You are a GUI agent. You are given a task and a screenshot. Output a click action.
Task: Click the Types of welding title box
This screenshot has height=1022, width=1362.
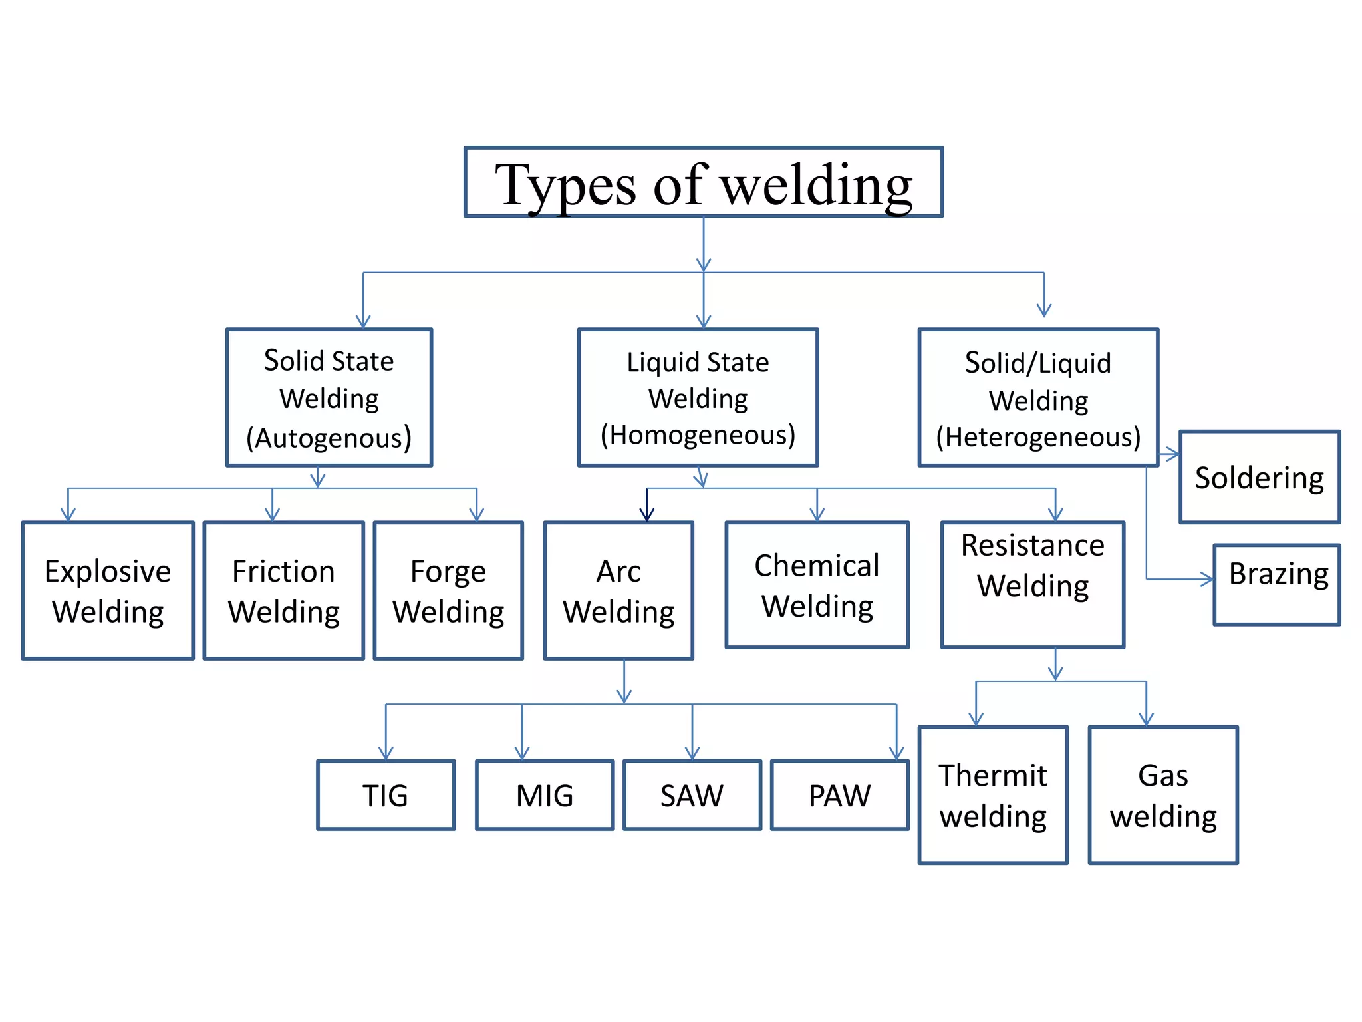(703, 182)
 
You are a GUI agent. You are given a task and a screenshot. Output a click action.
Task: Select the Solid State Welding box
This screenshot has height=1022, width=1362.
(329, 397)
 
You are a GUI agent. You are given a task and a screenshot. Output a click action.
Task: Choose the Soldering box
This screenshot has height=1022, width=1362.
(1259, 477)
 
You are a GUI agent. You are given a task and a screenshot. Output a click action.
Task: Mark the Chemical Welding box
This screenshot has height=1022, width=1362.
(817, 584)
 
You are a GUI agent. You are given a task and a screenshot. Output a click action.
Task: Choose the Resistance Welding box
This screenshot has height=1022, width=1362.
(1032, 584)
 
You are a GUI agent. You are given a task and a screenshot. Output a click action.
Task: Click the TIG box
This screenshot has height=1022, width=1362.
(386, 795)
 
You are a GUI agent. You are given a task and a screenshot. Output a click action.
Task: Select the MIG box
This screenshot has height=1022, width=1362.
(544, 795)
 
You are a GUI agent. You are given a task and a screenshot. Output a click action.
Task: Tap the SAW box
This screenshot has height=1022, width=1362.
(692, 795)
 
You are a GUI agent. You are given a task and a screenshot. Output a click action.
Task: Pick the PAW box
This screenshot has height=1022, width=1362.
(839, 795)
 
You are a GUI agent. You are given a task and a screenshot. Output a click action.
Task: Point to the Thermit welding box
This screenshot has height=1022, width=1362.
(992, 795)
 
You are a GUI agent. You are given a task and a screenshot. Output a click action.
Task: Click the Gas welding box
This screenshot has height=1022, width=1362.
(1162, 795)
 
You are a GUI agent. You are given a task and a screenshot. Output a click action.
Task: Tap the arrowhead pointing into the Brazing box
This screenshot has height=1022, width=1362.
(1208, 579)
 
